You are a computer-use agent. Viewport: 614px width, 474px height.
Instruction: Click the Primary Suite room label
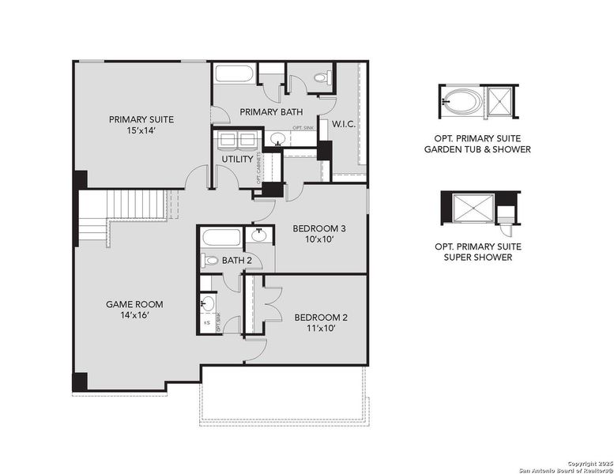point(141,119)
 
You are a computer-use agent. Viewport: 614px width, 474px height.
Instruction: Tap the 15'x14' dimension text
point(141,130)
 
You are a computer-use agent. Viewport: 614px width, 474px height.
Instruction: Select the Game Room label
point(128,303)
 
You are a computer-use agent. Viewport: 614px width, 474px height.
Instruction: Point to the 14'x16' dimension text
point(128,314)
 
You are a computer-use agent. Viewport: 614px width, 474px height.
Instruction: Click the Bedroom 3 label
point(309,228)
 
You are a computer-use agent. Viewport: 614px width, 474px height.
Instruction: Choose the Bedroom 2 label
point(321,318)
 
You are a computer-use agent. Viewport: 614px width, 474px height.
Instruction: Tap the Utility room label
point(237,159)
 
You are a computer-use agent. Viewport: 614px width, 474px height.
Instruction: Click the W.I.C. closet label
point(343,124)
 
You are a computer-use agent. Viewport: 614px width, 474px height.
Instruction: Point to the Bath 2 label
point(237,260)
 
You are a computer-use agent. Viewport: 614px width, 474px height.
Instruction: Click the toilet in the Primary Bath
point(322,77)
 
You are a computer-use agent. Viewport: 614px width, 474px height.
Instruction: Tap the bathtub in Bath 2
point(220,236)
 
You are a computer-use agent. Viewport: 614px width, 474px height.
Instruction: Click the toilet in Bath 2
point(211,259)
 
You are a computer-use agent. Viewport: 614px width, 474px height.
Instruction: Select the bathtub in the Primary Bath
point(234,75)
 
